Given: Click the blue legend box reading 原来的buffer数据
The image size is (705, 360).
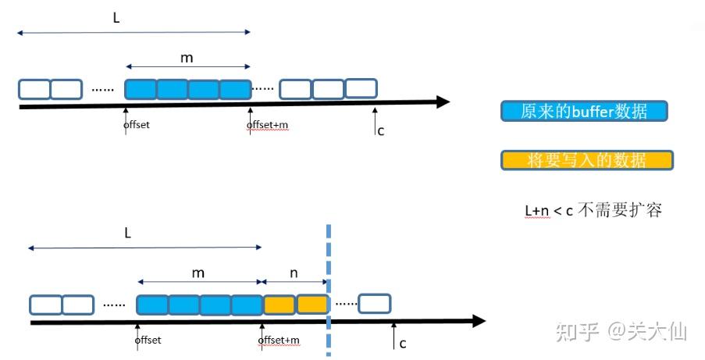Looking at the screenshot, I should coord(585,111).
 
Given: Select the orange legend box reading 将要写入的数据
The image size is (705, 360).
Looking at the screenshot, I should coord(586,160).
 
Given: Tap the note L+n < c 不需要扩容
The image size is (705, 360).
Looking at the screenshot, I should coord(593,210).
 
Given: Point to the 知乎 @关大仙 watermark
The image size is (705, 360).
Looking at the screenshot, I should coord(621,332).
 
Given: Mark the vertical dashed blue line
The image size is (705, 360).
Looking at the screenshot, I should coord(328,258).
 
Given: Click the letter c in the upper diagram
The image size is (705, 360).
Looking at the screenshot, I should coord(380,130).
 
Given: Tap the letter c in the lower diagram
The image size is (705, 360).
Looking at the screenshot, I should coord(402,343).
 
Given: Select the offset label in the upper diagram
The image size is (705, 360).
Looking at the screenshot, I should coord(137,125).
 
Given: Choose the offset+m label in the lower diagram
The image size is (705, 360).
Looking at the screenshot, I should coord(280,340).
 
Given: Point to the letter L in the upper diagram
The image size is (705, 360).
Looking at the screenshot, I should coord(116,17).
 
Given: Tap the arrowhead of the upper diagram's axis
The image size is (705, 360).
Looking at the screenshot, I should coord(443,102).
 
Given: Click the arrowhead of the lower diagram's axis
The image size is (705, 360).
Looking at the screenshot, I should coord(478,321).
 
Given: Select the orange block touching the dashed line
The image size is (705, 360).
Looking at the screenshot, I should coord(312,304).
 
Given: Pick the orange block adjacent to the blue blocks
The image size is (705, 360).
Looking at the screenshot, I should coord(279,304).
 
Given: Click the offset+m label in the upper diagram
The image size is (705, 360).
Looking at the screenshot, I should coord(267,125).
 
